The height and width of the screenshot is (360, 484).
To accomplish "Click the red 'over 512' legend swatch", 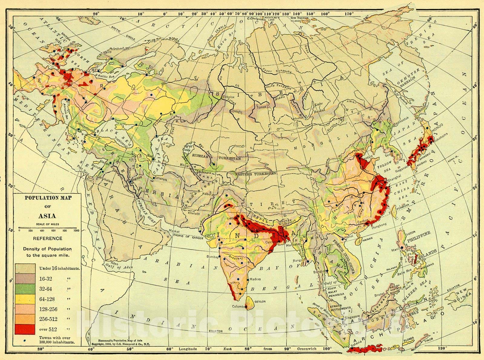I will (26, 329).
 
